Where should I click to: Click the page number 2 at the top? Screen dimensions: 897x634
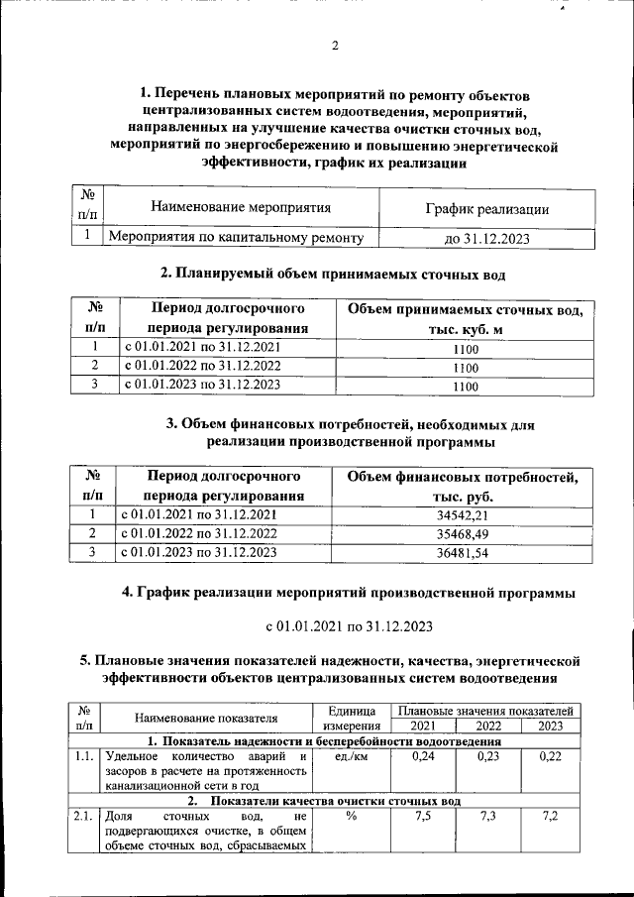[x=334, y=46]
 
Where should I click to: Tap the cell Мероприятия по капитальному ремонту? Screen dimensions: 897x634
[x=236, y=237]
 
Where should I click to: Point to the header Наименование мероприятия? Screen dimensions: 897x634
[x=240, y=207]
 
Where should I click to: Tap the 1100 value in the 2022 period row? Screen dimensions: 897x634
[x=465, y=367]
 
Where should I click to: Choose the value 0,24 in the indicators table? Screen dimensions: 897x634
[x=423, y=757]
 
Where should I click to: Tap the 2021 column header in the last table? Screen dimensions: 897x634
[x=423, y=726]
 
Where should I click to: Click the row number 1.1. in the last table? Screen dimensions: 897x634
[x=84, y=757]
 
